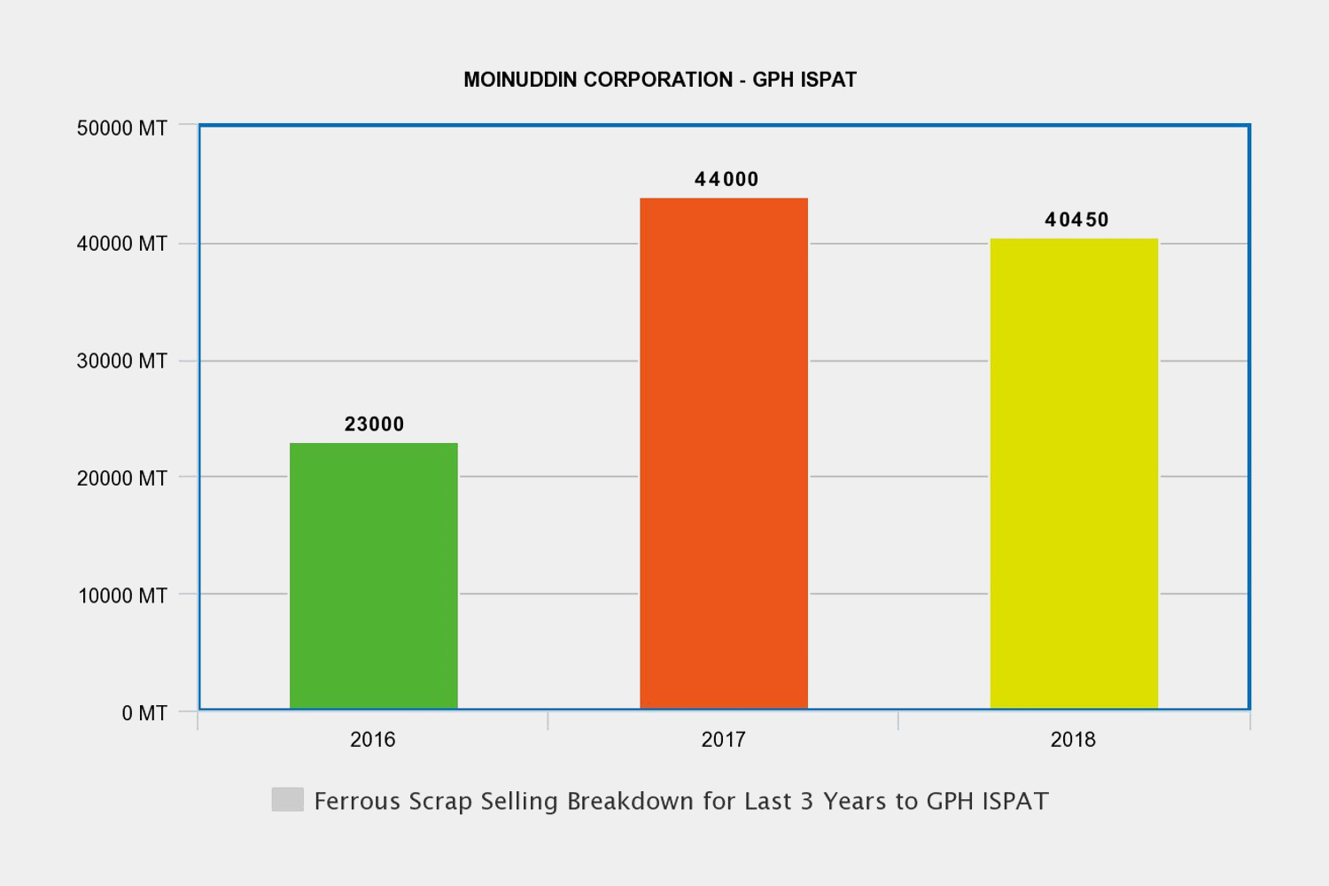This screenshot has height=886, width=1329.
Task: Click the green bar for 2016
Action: coord(374,576)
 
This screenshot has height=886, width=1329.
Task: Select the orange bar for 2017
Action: coord(724,453)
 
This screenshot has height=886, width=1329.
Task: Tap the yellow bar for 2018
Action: coord(1074,473)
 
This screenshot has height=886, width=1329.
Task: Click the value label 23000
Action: coord(374,424)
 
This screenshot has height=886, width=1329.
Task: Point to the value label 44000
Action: coord(727,180)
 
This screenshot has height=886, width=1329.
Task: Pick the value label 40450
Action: coord(1076,220)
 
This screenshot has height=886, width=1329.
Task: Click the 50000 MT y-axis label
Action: coord(122,128)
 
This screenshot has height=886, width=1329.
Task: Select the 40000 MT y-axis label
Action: coord(122,244)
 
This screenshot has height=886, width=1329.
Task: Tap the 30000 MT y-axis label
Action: coord(122,361)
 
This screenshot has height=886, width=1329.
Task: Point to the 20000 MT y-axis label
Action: coord(122,478)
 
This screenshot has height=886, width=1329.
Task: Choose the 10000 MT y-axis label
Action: coord(122,595)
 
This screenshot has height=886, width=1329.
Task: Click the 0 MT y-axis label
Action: coord(144,713)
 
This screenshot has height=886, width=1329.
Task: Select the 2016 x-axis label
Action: coord(373,740)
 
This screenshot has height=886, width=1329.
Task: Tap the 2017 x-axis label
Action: coord(723,740)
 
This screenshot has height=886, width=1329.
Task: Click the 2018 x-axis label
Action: coord(1073,740)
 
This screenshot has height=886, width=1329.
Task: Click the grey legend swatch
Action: coord(288,799)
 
